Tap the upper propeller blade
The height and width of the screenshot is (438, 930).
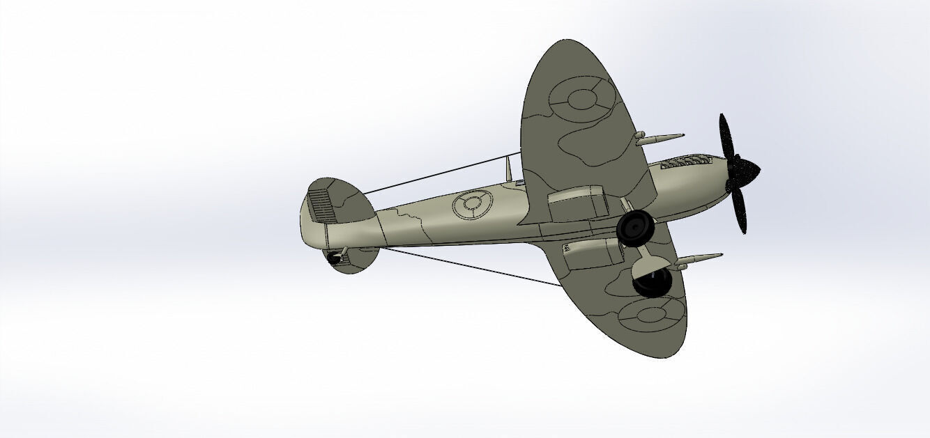click(x=726, y=136)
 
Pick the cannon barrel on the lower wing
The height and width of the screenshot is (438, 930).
click(x=697, y=260)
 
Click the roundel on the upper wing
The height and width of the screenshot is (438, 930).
click(x=582, y=100)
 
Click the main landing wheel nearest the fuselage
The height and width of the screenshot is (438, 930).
click(x=635, y=228)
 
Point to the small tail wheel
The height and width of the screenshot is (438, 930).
click(x=335, y=258)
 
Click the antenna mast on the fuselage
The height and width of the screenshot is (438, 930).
click(x=509, y=167)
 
